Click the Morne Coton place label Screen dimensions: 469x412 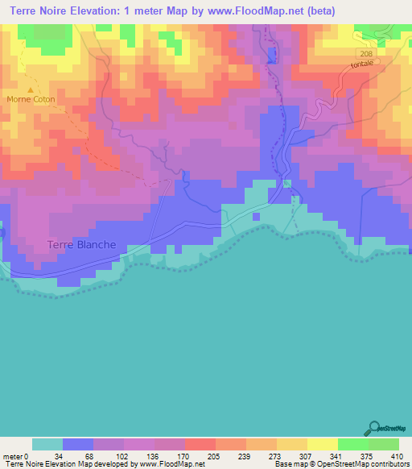[28, 99]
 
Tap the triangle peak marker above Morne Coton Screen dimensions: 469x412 [31, 89]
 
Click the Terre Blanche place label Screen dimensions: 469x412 [81, 245]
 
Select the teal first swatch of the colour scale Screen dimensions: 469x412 [47, 445]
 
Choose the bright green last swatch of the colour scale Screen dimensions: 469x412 [384, 445]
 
